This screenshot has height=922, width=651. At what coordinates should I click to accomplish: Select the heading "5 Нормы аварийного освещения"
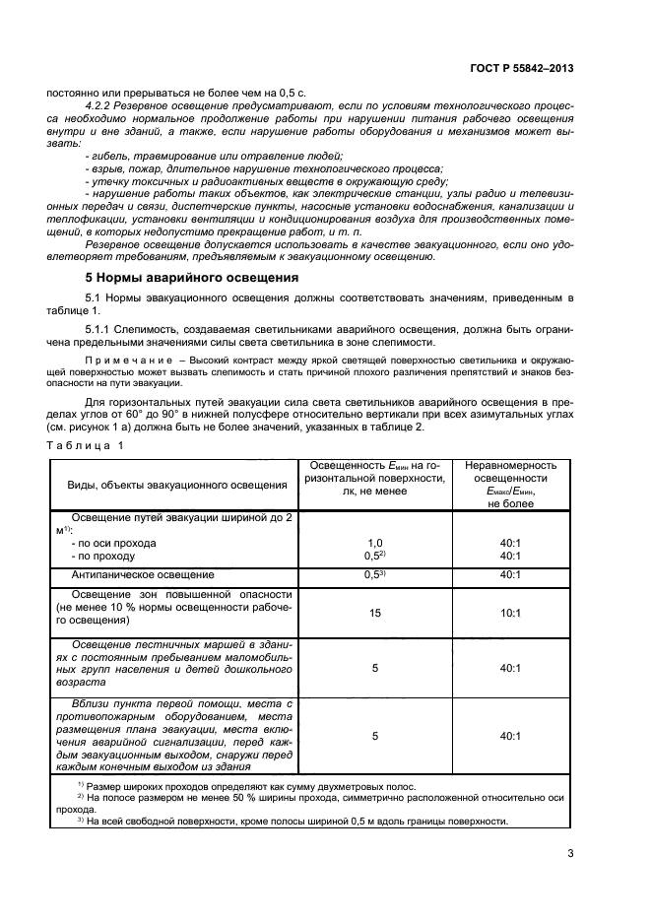pos(192,278)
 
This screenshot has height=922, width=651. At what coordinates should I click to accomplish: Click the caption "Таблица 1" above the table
pos(86,418)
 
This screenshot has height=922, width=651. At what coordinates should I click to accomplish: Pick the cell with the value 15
pos(374,613)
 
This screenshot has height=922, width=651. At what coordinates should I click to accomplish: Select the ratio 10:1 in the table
pos(510,613)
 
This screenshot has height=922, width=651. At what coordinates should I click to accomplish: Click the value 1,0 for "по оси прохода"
pos(374,543)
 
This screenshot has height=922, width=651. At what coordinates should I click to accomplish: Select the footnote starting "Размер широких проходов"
pos(251,786)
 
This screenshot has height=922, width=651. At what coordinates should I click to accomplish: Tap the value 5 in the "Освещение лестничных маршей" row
pos(374,668)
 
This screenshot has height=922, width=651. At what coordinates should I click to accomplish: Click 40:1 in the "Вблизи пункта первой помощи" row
pos(510,735)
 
